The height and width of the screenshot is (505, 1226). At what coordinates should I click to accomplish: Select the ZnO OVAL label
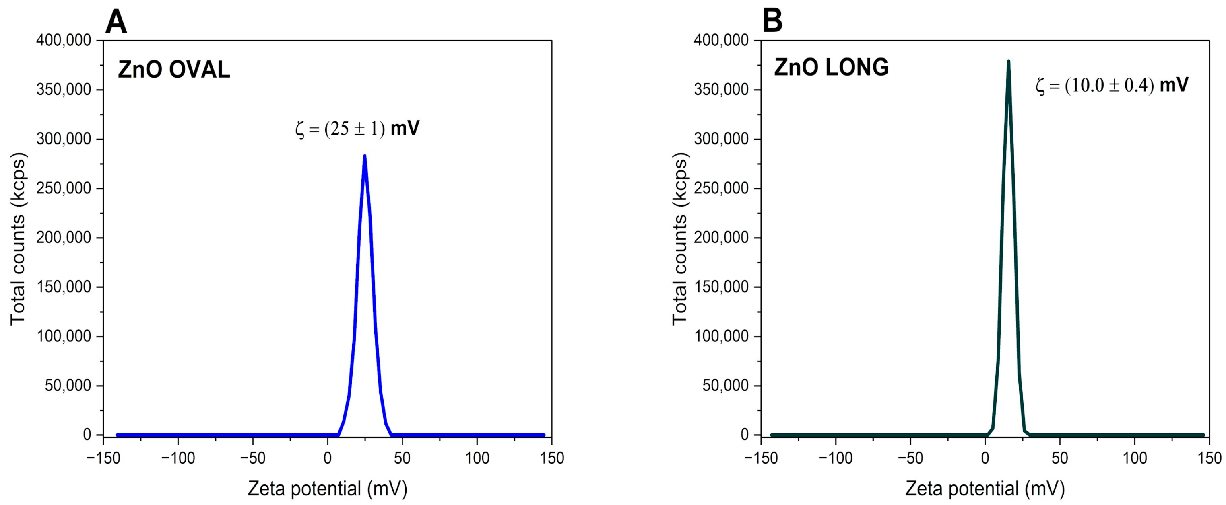coord(174,70)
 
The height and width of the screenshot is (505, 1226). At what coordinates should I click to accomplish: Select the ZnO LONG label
coord(831,68)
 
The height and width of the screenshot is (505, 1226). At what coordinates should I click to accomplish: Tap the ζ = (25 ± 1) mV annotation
coord(357,129)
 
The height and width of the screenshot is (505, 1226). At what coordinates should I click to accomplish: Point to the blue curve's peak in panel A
coord(365,156)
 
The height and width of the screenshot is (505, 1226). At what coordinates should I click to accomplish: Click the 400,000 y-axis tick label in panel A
coord(63,41)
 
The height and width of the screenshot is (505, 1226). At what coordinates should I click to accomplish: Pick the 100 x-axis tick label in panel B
coord(1135,458)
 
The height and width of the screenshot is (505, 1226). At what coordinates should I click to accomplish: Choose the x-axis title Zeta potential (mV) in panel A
coord(328,489)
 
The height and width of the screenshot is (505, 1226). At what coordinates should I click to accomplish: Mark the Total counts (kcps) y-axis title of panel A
coord(18,239)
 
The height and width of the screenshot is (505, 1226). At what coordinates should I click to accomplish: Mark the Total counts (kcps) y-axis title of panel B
coord(680,239)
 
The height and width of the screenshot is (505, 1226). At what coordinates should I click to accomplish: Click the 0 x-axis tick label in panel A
coord(328,458)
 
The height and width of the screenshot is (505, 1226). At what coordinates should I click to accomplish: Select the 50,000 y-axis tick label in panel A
coord(68,386)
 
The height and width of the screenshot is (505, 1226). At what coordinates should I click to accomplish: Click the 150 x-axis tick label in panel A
coord(551,458)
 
